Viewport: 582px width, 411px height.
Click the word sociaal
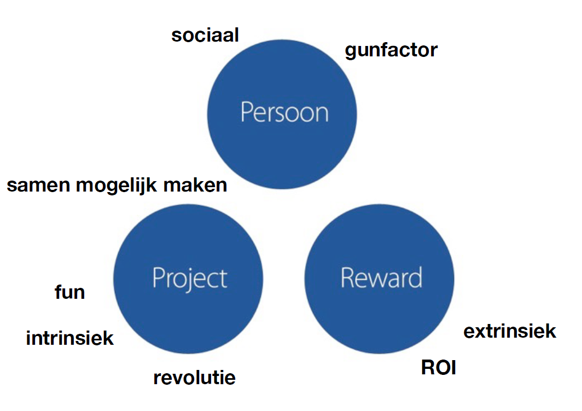(x=205, y=36)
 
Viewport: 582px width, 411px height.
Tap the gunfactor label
(x=391, y=50)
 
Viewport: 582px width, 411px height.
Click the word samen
(x=38, y=186)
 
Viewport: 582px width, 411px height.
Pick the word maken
(x=195, y=186)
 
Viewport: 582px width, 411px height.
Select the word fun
(x=70, y=292)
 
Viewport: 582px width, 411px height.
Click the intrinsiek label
(x=70, y=338)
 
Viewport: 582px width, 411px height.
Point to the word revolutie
(x=194, y=377)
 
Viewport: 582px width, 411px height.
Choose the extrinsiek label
(x=510, y=331)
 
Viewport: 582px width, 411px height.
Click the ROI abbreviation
(x=439, y=367)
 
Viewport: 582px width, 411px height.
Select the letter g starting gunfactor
(x=351, y=52)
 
